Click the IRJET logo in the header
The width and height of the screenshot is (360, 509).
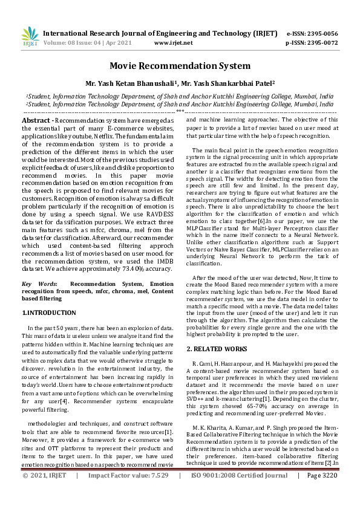tap(30, 37)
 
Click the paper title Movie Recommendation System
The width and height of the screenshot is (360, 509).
tap(180, 65)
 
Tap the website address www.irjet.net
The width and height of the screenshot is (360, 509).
tap(174, 43)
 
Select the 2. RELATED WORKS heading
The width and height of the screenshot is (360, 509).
tap(217, 349)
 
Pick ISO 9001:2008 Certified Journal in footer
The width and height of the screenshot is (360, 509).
tap(240, 493)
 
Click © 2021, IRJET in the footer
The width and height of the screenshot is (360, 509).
tap(44, 493)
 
